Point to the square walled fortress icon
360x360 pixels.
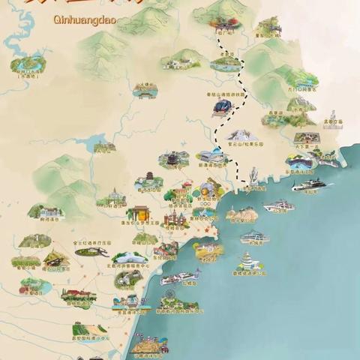click(x=305, y=139)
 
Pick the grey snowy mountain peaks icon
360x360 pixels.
click(x=241, y=135)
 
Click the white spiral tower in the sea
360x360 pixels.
click(x=247, y=262)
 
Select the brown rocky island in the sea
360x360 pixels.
click(x=241, y=214)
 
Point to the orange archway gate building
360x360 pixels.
click(x=139, y=214)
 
